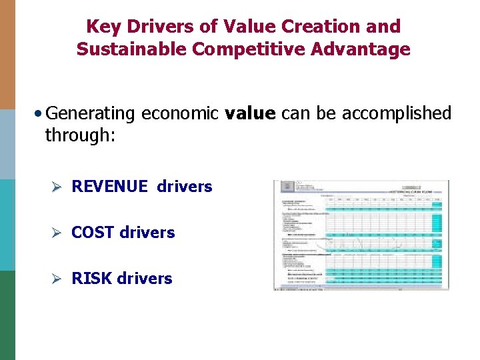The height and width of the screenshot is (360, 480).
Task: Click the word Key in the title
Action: click(102, 27)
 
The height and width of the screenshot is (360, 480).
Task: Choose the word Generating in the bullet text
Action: click(93, 114)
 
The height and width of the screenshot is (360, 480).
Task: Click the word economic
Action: click(180, 114)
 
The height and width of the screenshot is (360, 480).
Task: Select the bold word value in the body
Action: click(250, 114)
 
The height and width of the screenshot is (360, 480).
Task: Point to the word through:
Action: click(80, 135)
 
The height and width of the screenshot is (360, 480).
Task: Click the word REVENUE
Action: click(109, 187)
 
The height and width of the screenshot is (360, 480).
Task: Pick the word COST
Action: click(92, 233)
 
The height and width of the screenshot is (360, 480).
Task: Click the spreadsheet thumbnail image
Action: click(361, 235)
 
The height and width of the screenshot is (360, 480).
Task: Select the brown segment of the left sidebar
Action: click(7, 54)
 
